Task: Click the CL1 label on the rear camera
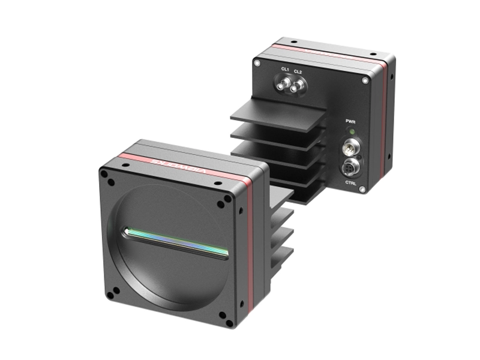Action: tap(286, 71)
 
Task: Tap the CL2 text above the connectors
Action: tap(298, 71)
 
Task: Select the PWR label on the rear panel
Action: tap(351, 122)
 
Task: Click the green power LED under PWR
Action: tap(352, 131)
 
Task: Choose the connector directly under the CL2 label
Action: tap(295, 89)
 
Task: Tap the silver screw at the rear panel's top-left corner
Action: tap(257, 62)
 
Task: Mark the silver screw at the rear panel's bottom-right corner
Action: tap(364, 190)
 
